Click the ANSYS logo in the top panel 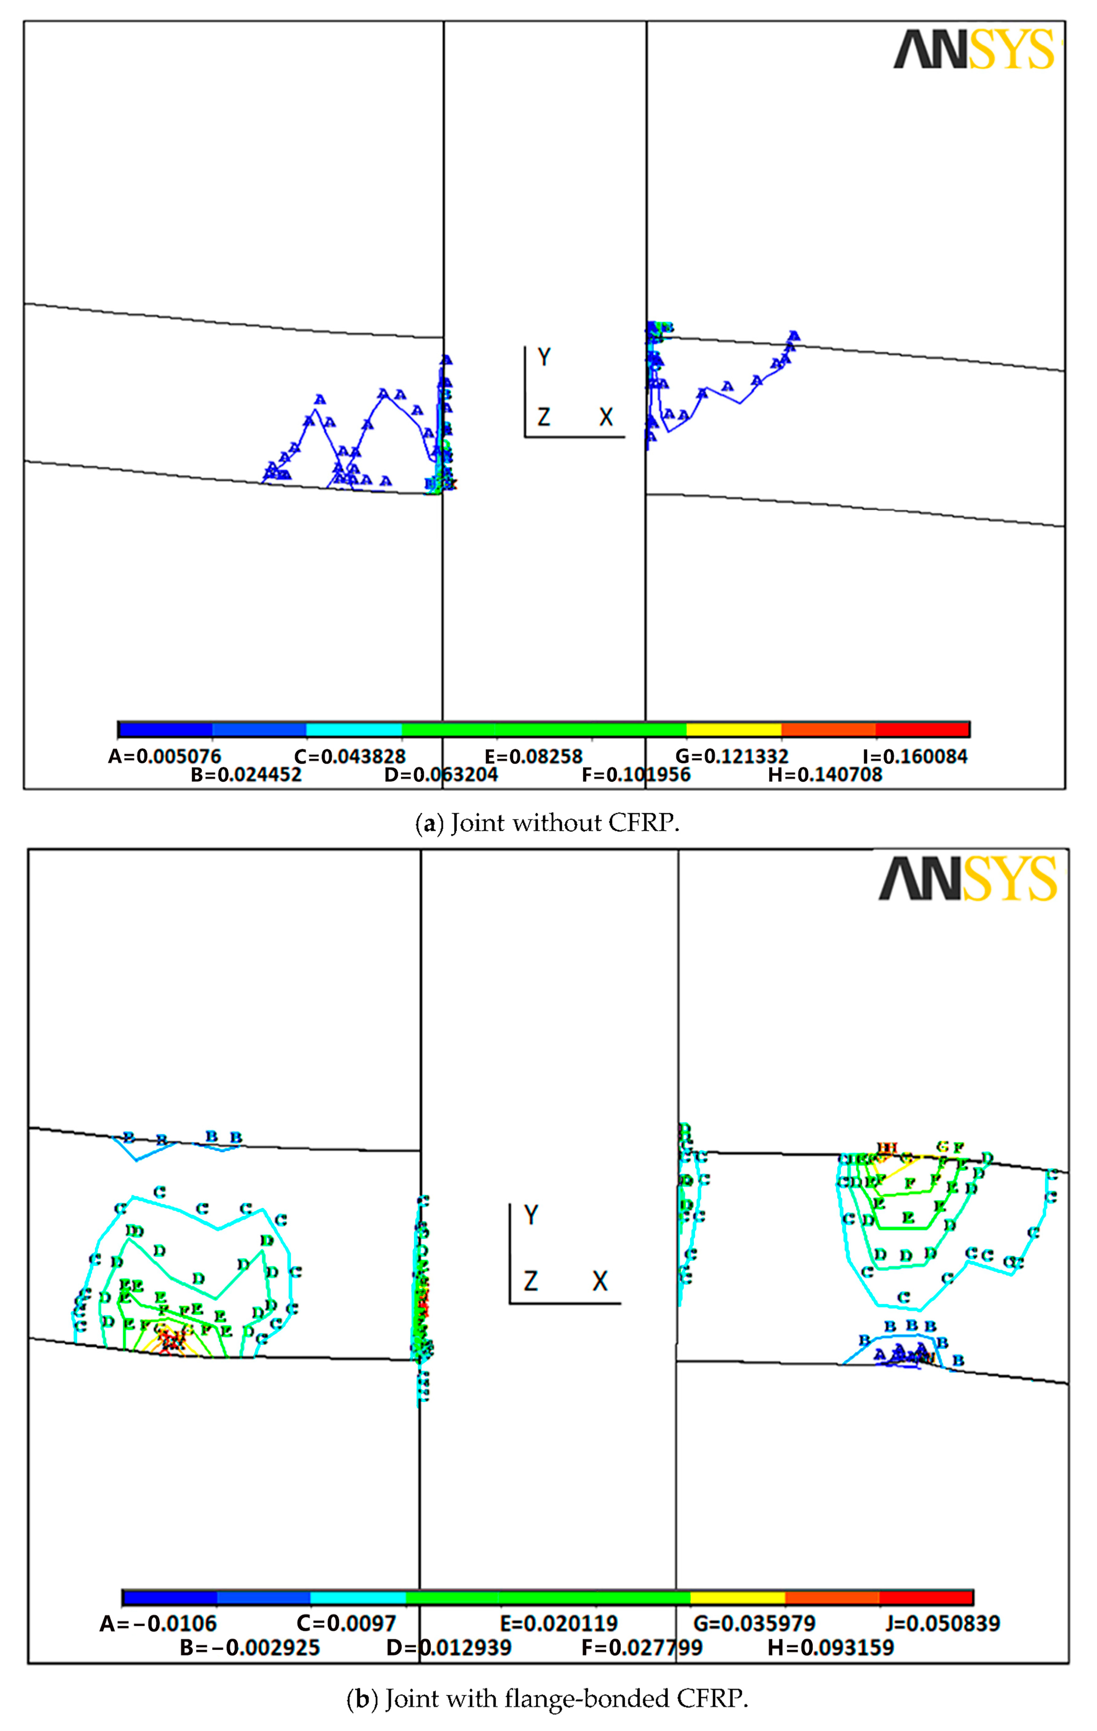point(974,50)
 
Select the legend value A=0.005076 point(165,756)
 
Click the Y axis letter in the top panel point(544,357)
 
